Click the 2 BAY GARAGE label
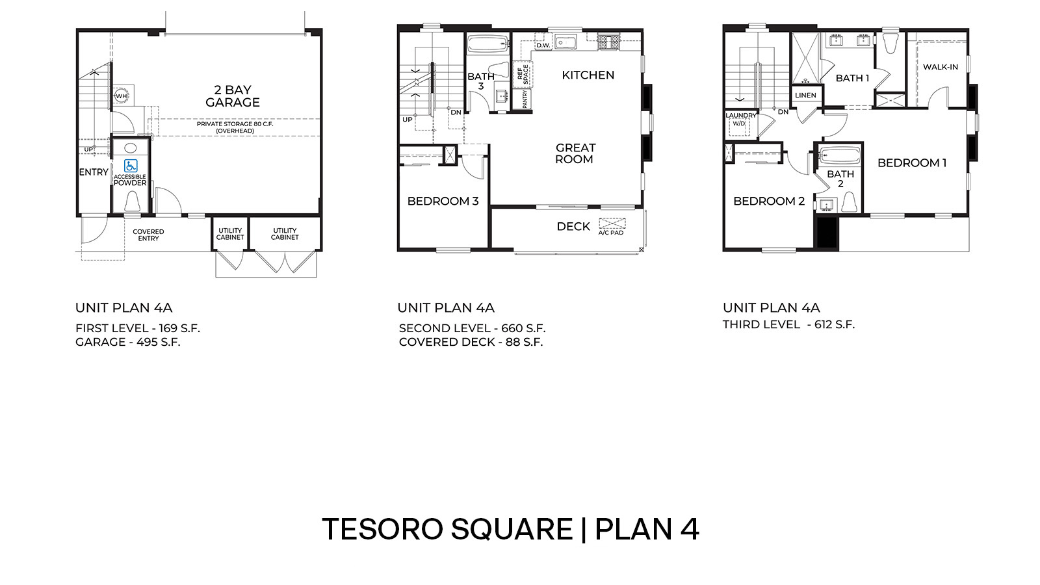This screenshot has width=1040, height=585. click(233, 96)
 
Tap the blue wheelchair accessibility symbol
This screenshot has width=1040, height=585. click(131, 166)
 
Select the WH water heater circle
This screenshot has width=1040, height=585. click(121, 96)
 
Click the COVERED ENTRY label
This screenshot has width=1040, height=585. click(148, 235)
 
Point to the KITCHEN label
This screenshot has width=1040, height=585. click(588, 75)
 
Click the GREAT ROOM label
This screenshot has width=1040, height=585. click(575, 153)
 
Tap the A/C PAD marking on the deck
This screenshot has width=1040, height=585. click(611, 227)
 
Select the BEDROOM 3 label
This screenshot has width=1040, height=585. click(443, 201)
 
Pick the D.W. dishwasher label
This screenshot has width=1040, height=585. click(543, 45)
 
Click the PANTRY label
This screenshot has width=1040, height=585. click(525, 99)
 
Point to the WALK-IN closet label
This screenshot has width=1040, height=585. click(940, 67)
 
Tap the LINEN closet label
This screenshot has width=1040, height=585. click(805, 95)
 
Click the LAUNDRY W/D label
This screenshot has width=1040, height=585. click(740, 119)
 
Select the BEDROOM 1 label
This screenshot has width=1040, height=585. click(911, 163)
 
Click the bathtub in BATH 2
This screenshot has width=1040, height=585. click(840, 157)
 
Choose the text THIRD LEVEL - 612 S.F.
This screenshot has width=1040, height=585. click(788, 324)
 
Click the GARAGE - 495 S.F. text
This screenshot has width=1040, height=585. click(127, 342)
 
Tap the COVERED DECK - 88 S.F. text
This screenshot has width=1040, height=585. click(471, 342)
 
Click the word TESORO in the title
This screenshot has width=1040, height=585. click(382, 529)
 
